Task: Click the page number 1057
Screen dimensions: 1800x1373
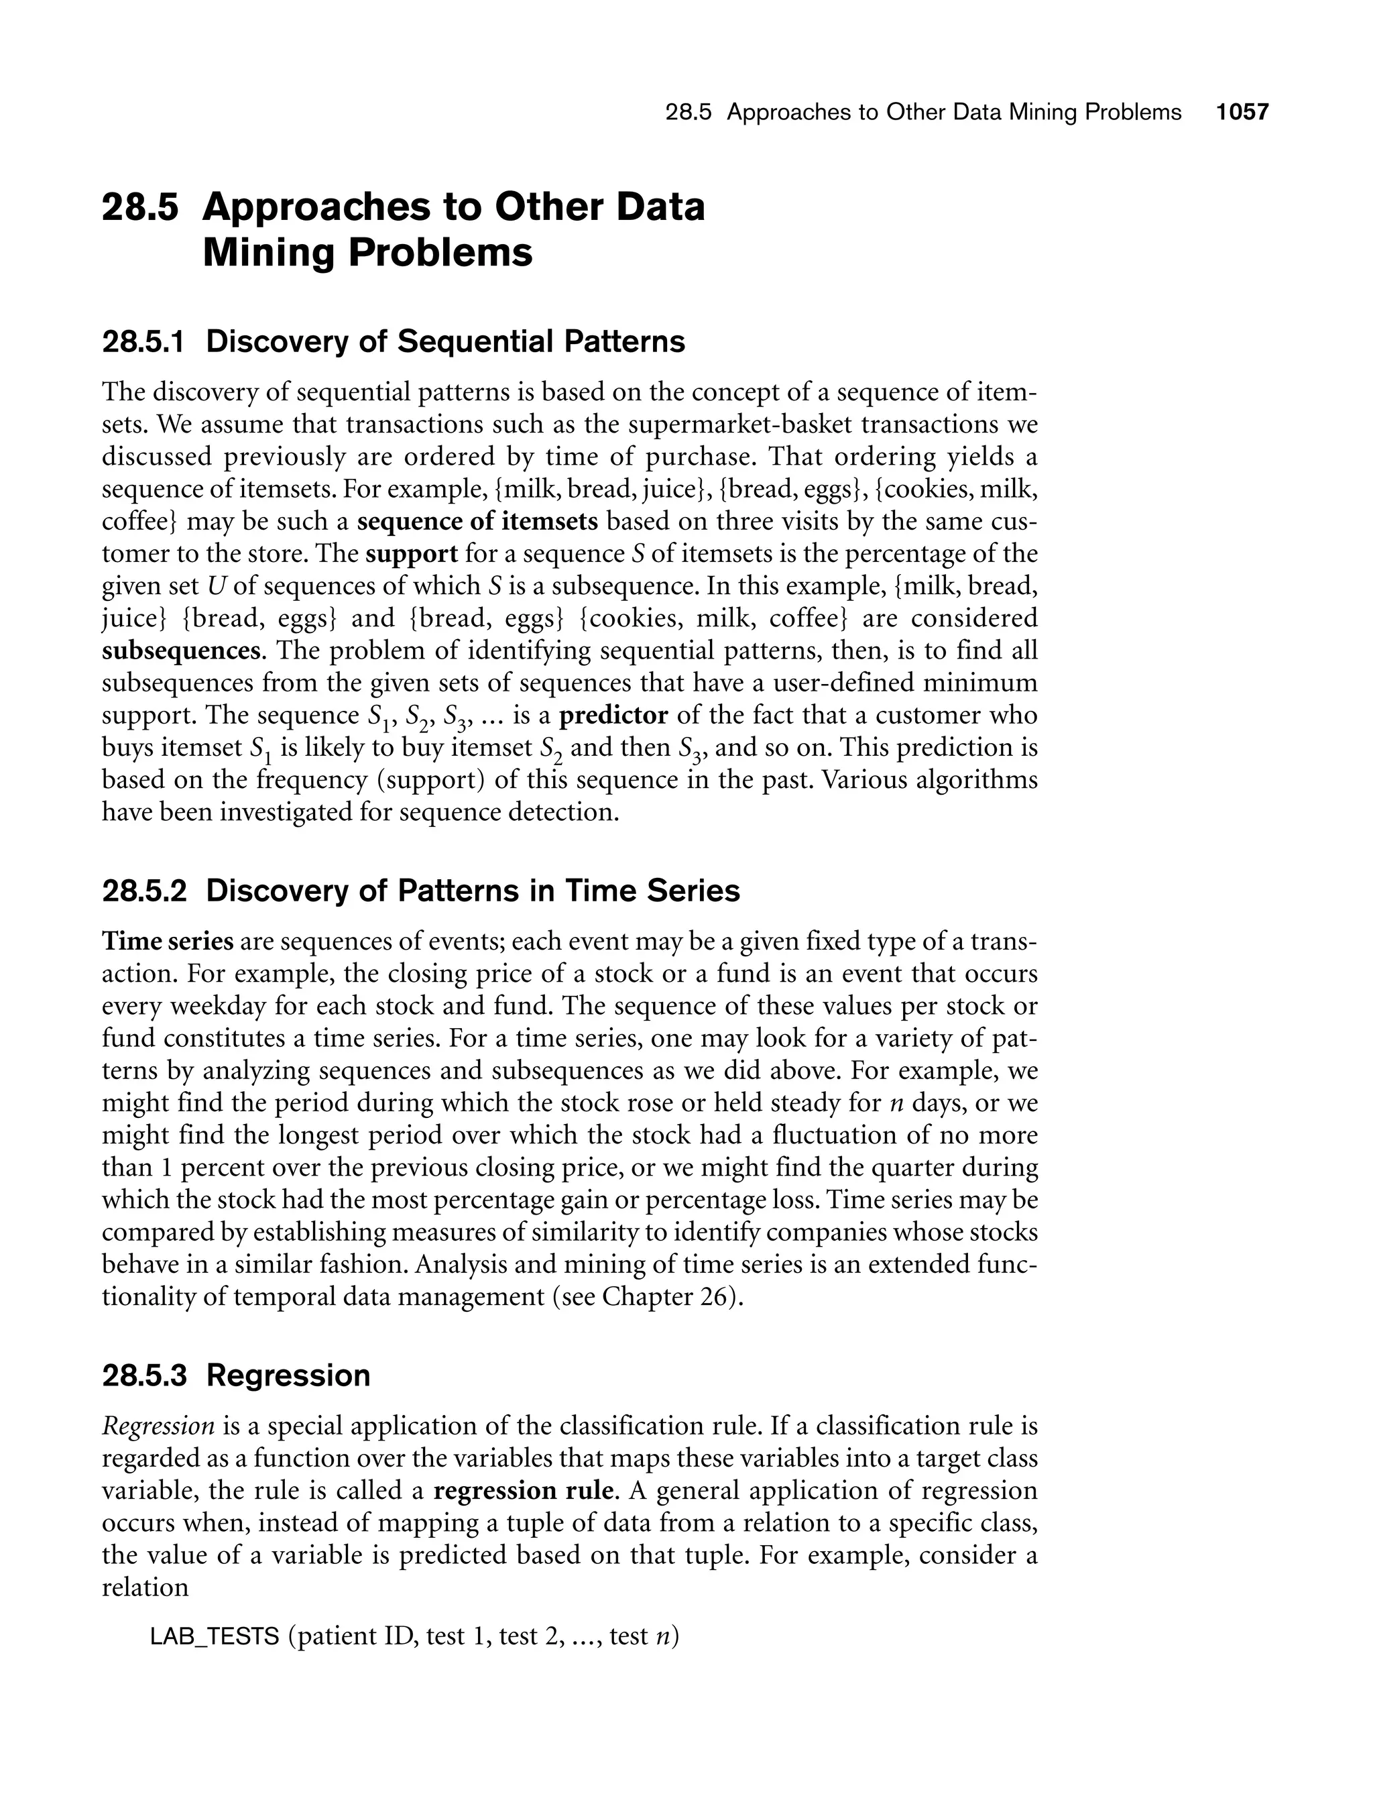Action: tap(1242, 112)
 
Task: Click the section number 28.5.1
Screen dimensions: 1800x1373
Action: tap(144, 341)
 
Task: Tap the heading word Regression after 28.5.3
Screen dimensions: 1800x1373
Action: tap(288, 1375)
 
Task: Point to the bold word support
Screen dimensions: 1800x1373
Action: tap(411, 553)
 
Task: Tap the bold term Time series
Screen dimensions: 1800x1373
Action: tap(168, 941)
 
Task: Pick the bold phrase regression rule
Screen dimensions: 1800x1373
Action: tap(523, 1490)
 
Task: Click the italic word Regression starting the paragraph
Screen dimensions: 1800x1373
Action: tap(158, 1426)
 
